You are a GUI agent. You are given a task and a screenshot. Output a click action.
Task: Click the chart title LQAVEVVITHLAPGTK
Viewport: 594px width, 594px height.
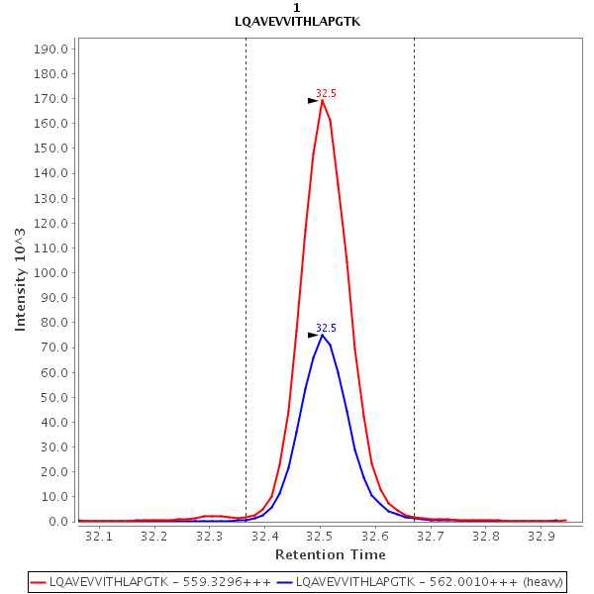click(x=297, y=21)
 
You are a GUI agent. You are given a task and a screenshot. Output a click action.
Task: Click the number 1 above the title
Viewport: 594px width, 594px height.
click(x=297, y=8)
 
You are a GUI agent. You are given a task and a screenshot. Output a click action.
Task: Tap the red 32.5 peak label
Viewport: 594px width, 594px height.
click(x=326, y=93)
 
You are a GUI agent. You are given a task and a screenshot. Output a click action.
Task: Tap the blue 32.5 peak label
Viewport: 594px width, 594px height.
click(x=326, y=328)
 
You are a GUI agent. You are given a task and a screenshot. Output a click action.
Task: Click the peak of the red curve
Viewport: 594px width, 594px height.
click(x=323, y=100)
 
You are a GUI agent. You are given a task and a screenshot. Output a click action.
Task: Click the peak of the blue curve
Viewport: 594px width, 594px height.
click(x=323, y=335)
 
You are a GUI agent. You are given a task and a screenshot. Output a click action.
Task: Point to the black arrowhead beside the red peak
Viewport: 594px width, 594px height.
click(x=313, y=100)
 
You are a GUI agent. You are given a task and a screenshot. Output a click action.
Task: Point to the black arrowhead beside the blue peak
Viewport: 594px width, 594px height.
click(x=313, y=335)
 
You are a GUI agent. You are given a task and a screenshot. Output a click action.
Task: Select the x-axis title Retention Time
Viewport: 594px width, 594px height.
click(x=330, y=554)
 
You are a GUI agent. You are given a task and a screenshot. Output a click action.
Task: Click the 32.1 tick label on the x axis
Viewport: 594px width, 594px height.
click(x=99, y=536)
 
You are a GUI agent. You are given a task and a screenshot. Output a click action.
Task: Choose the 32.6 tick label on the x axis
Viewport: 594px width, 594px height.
click(x=375, y=536)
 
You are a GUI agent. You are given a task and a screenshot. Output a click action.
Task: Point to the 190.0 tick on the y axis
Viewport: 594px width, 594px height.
click(x=50, y=49)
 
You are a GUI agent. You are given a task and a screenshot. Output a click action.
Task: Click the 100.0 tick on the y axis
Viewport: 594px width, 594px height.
click(x=50, y=273)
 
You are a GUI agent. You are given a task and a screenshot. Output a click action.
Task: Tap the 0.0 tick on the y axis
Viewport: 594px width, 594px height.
click(x=57, y=522)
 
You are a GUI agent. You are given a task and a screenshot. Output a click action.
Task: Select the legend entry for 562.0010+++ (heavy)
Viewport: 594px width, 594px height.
click(x=430, y=582)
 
